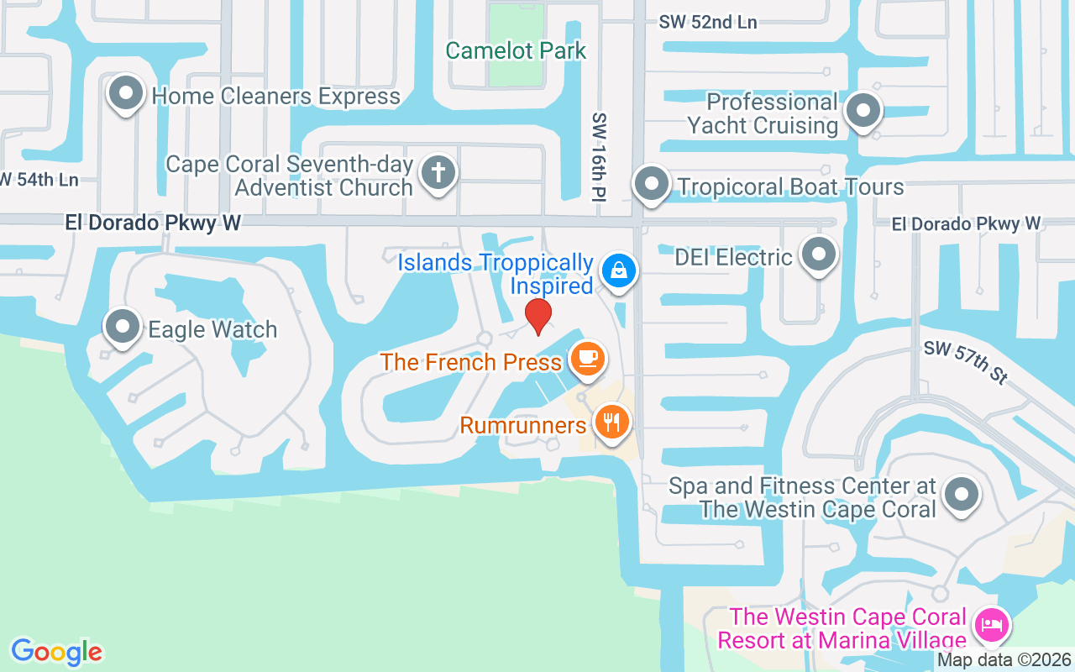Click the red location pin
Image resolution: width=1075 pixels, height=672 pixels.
538,315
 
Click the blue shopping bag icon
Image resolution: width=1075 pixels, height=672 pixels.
619,270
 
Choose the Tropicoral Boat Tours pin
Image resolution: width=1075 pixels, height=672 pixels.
650,183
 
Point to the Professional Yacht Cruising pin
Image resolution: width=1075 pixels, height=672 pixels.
862,110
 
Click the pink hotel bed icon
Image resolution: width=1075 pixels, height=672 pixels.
992,625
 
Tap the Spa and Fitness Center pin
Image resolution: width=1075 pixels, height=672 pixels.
962,493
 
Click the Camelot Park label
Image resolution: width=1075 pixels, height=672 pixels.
516,50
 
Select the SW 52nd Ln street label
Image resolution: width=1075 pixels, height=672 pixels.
708,23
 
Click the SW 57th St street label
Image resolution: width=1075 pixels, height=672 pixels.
966,362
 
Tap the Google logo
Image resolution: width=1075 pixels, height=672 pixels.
56,652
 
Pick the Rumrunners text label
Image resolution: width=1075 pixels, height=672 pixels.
523,425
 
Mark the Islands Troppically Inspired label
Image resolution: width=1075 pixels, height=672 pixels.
496,274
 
